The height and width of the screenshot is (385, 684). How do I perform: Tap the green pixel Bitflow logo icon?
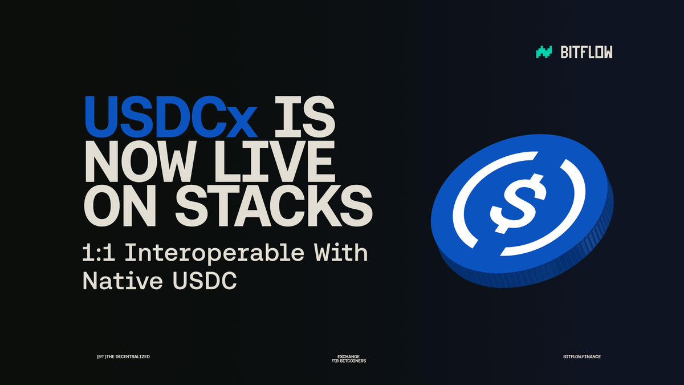[x=544, y=52]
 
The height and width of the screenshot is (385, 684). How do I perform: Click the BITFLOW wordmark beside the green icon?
[x=587, y=52]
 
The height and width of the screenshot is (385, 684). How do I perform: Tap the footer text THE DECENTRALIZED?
[x=128, y=356]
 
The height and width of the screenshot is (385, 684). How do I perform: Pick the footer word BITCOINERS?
[x=353, y=361]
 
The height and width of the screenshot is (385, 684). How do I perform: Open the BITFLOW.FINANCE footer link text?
[x=581, y=356]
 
